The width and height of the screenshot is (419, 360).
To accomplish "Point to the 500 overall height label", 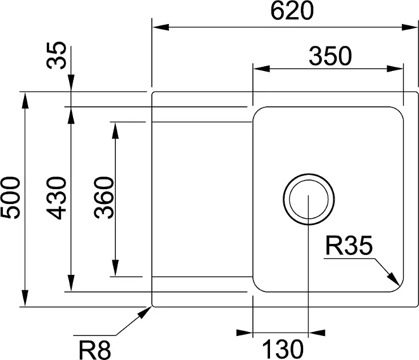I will [11, 198].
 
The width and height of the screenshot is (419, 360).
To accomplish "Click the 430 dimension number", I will [57, 198].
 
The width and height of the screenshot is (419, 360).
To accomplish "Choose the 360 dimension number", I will [104, 198].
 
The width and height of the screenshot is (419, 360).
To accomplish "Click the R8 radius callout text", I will [94, 348].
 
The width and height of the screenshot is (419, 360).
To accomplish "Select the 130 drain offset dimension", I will [281, 347].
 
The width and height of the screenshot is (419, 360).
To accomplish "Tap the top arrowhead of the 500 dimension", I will [25, 99].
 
